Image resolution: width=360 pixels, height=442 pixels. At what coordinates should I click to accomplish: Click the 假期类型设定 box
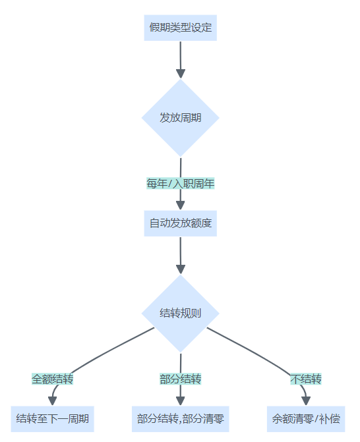pos(180,28)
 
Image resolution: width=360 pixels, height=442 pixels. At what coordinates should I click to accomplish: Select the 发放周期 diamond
pos(180,117)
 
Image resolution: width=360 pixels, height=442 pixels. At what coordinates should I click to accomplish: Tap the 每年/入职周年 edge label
pos(180,184)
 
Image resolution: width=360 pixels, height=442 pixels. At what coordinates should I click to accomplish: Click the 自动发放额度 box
pos(180,223)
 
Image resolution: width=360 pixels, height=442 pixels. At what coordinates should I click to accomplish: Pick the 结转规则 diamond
pos(180,313)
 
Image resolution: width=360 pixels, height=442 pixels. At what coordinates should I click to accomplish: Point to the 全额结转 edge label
pos(53,379)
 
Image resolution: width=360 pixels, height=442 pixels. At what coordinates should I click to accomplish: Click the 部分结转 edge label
pos(180,379)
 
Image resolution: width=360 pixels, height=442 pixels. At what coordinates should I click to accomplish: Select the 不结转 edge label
pos(306,379)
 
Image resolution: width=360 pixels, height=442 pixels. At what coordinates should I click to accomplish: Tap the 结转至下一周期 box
pos(53,419)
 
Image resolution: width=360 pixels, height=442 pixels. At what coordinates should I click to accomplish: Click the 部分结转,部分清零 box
pos(180,419)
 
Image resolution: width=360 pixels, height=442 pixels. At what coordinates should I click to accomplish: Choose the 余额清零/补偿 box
pos(306,419)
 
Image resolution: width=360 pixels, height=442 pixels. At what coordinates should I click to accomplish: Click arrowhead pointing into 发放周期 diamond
pos(181,74)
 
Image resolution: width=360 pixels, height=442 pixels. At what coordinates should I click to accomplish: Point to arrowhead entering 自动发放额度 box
pos(181,206)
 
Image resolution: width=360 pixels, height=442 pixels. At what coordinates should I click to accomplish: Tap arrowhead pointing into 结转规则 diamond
pos(181,269)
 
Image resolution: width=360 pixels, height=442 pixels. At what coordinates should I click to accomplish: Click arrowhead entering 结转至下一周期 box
pos(53,401)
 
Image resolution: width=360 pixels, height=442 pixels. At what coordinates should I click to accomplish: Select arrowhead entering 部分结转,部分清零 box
pos(181,401)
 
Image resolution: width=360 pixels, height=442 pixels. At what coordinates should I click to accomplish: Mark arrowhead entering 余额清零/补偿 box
pos(306,401)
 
